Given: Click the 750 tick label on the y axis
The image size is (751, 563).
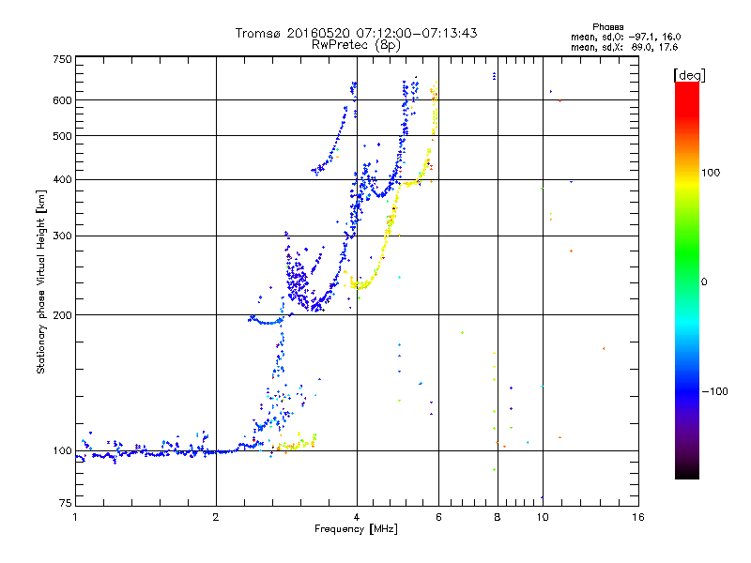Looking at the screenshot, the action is (62, 59).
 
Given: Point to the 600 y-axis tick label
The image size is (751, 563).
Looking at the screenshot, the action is (62, 100).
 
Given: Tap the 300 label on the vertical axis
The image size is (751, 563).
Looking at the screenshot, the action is (62, 236).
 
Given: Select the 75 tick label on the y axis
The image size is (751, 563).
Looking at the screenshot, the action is (66, 503).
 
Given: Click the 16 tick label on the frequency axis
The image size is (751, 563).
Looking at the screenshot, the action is (638, 517).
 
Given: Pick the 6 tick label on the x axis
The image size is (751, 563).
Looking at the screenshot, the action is (438, 517).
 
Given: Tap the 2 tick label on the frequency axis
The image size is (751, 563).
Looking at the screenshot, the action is (216, 517).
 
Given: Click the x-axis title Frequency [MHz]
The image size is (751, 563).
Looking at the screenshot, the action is (356, 529).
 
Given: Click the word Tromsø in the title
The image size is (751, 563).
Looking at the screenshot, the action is (259, 33).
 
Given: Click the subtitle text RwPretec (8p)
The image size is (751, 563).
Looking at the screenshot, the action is (356, 45).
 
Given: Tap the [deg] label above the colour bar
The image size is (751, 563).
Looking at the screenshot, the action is (689, 75).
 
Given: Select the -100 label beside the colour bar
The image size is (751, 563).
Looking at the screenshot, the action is (715, 391).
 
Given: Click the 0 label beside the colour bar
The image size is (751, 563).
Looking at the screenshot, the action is (704, 282).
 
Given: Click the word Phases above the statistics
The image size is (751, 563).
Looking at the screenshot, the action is (607, 27).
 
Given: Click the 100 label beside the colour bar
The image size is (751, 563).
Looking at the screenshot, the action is (711, 173).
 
